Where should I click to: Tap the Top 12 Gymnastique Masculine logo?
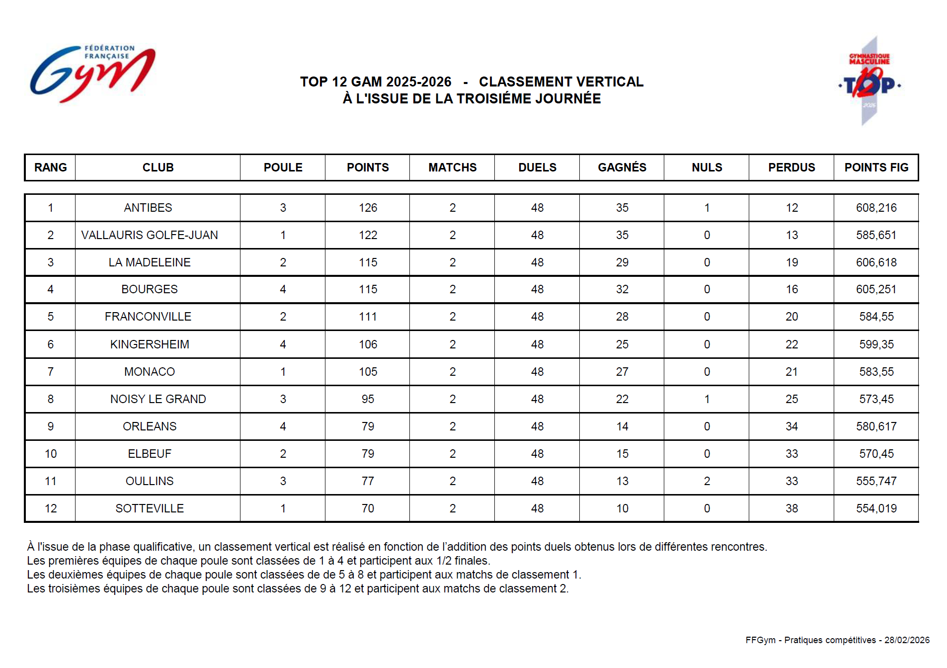coord(869,81)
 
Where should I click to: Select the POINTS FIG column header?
coord(876,167)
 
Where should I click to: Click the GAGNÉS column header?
coord(622,167)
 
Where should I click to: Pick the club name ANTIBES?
coord(148,208)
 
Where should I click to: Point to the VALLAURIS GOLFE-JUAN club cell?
coord(150,235)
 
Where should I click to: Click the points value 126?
coord(368,208)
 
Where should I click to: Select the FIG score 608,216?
coord(876,208)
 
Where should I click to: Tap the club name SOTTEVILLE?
coord(150,508)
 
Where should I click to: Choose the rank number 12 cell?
coord(51,508)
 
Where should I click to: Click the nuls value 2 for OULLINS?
coord(707,481)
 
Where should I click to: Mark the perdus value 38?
coord(791,508)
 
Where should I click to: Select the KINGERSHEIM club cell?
coord(150,344)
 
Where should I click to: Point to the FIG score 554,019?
coord(876,508)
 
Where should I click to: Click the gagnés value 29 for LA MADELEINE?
coord(622,262)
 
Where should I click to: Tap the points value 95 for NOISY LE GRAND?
coord(368,399)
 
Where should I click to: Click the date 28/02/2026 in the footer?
coord(907,640)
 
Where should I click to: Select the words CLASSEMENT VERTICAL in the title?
coord(561,82)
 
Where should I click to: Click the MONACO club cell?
coord(150,372)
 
